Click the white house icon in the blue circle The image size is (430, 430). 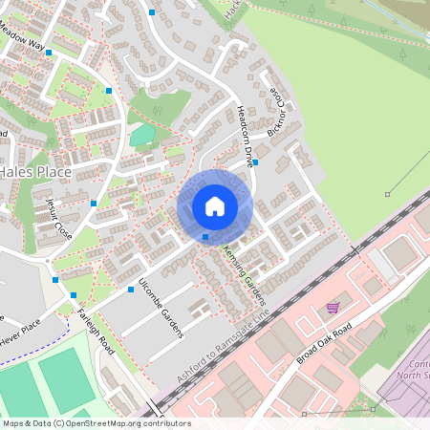point(215,205)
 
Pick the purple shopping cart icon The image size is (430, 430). point(333,307)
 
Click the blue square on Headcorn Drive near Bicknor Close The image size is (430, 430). point(256,162)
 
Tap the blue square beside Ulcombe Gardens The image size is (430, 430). point(130,289)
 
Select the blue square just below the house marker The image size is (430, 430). point(205,236)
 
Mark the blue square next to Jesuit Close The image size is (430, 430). point(93,203)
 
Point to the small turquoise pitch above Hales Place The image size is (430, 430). point(142,136)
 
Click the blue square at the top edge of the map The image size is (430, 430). point(152,11)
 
